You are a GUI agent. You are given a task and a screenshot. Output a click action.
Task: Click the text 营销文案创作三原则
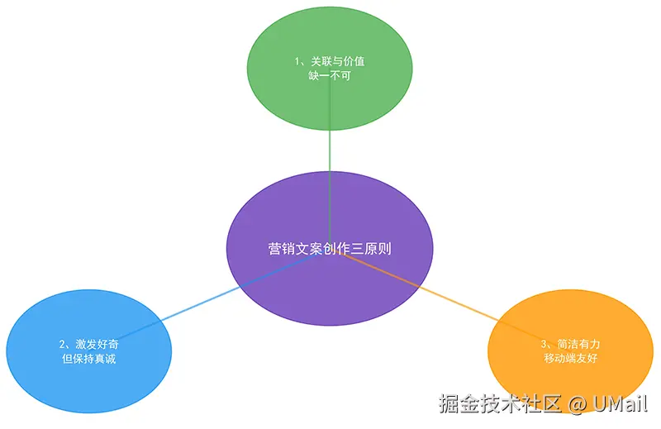(328, 248)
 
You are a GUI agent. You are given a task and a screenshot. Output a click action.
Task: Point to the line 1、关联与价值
(330, 61)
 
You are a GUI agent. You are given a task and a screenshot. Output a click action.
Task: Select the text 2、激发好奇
(88, 344)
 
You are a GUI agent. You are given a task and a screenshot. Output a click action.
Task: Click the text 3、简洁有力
(569, 344)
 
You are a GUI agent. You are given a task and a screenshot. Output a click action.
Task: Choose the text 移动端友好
(569, 358)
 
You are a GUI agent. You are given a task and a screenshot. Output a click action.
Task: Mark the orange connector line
(446, 298)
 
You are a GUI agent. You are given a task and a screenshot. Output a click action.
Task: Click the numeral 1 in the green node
(297, 61)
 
